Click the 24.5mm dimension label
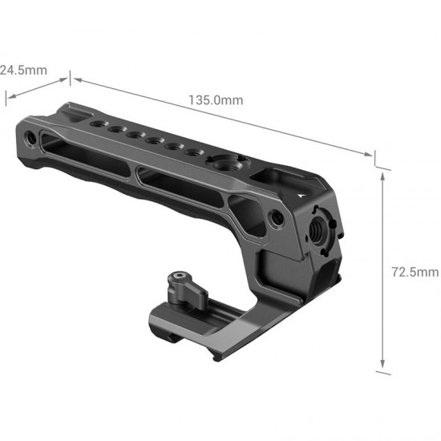pos(23,70)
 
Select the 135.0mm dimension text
pos(216,100)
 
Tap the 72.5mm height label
pos(419,272)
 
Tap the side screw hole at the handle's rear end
pos(29,138)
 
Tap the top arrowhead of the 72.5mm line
pos(382,176)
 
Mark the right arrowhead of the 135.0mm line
pos(370,153)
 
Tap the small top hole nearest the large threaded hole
pos(192,152)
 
